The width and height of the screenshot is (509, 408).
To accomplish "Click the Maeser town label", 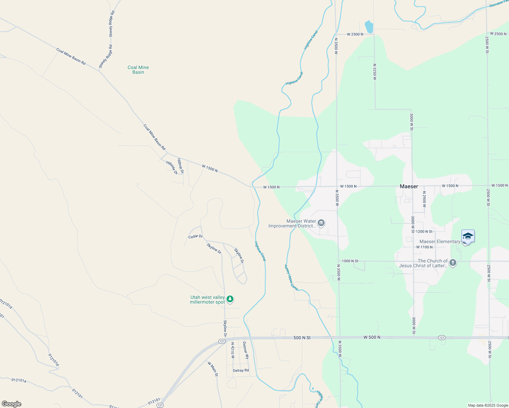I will click(x=409, y=186).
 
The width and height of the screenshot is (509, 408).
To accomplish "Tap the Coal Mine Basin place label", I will click(x=138, y=70).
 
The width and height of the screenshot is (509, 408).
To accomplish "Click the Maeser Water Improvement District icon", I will click(x=321, y=223).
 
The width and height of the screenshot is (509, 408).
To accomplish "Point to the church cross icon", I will click(x=453, y=263).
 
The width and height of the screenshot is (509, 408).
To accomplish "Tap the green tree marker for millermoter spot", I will click(x=230, y=299).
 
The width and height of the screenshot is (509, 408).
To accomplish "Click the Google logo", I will click(x=11, y=404).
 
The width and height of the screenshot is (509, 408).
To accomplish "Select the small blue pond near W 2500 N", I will click(x=369, y=27).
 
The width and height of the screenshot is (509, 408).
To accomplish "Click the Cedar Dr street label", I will click(x=195, y=236).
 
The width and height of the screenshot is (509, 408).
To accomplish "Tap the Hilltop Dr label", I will click(x=180, y=166).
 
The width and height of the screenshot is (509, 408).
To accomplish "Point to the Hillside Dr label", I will click(x=171, y=167).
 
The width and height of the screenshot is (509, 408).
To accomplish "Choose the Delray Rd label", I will click(x=241, y=370).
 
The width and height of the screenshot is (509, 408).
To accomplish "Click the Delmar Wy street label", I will click(x=246, y=351).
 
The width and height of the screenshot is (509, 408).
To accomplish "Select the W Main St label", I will click(x=213, y=369).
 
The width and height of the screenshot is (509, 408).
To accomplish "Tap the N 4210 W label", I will click(x=233, y=350).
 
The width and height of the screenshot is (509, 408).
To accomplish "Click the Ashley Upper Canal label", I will click(x=291, y=277).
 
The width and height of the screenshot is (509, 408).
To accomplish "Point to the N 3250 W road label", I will click(x=375, y=71).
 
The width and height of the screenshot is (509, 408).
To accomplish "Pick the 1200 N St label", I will click(x=424, y=232).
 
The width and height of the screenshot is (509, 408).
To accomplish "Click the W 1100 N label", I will click(x=424, y=247).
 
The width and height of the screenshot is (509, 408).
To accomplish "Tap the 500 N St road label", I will click(x=302, y=338).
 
